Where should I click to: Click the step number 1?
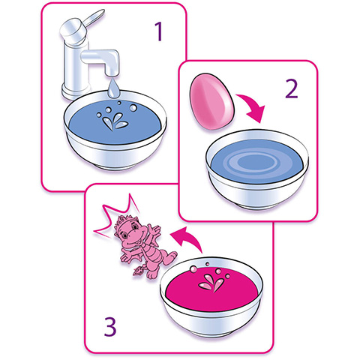159,31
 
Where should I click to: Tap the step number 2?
292,88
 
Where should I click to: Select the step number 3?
110,326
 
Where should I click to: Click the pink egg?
212,101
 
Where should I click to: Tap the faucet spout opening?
112,73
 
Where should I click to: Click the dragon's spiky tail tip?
137,271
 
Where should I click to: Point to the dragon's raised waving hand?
153,229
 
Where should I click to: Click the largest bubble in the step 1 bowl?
133,108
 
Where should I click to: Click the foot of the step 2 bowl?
256,206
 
